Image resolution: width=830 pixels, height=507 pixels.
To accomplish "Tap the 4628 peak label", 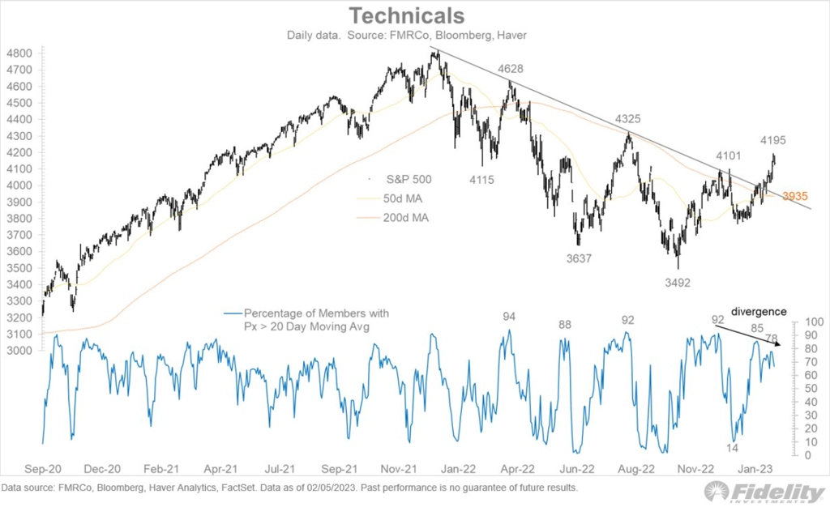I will pyautogui.click(x=510, y=70).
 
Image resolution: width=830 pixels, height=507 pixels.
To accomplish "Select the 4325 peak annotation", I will pyautogui.click(x=627, y=119).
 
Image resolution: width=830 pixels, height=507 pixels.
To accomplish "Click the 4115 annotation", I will pyautogui.click(x=481, y=180).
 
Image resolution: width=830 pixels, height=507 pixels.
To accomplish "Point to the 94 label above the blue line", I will pyautogui.click(x=509, y=317).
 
